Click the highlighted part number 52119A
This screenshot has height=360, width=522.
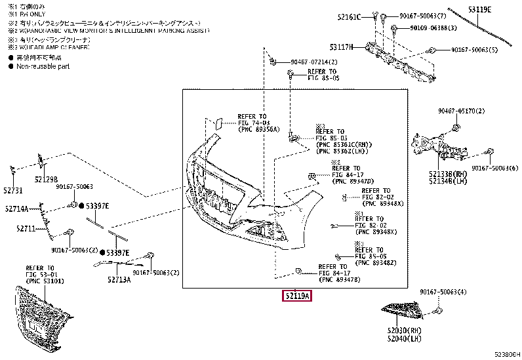pyautogui.click(x=297, y=296)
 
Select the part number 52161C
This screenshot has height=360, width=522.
pyautogui.click(x=349, y=16)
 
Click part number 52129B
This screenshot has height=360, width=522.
pyautogui.click(x=46, y=180)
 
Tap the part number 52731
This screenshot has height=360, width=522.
pyautogui.click(x=12, y=190)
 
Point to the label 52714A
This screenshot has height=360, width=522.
pyautogui.click(x=16, y=209)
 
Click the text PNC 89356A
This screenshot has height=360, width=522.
pyautogui.click(x=258, y=129)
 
